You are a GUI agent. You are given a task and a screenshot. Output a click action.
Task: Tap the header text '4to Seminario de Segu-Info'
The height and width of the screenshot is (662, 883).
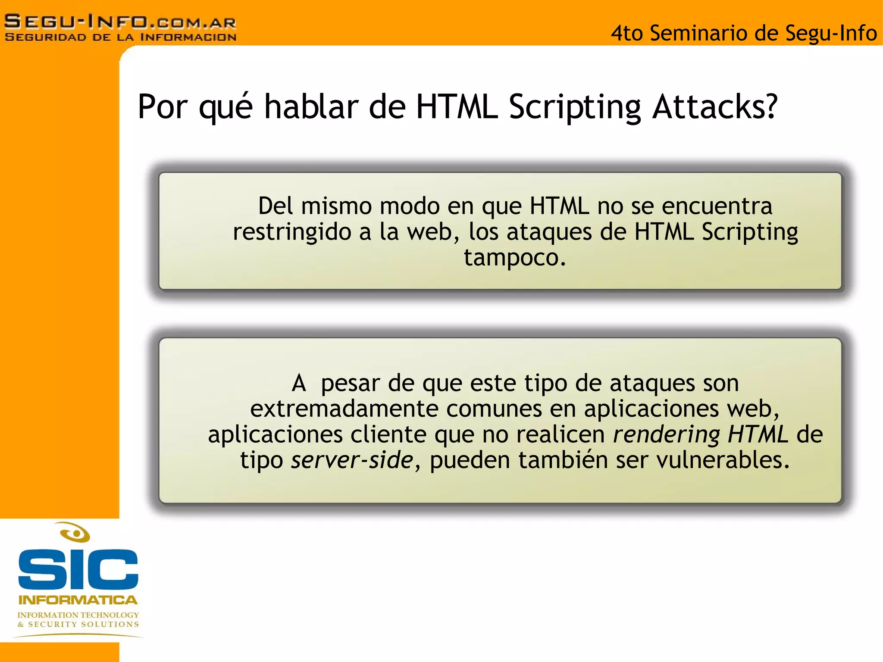(743, 33)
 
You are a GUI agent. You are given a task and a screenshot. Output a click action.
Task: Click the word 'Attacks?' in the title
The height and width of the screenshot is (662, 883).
(715, 106)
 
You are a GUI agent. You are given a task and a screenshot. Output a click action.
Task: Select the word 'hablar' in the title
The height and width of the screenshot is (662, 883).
(311, 106)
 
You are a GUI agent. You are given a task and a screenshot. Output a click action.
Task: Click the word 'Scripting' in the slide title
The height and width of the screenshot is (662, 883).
(575, 107)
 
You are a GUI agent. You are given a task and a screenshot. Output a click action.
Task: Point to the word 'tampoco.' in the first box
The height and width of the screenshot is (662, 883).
(515, 258)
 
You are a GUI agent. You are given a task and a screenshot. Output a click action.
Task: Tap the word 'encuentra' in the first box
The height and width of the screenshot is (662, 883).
(717, 206)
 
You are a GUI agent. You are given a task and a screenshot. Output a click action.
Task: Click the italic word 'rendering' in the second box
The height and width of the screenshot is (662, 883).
(666, 434)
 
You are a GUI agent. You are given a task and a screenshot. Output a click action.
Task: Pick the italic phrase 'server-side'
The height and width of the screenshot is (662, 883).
(352, 460)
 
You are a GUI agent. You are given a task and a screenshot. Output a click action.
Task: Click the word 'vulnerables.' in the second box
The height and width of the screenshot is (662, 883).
(723, 460)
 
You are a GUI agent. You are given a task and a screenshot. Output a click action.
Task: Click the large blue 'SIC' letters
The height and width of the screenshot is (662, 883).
(78, 569)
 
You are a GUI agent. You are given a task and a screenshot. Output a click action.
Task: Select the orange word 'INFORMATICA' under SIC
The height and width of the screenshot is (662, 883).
(78, 600)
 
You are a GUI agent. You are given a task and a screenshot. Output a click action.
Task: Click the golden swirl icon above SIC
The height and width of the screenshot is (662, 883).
(75, 533)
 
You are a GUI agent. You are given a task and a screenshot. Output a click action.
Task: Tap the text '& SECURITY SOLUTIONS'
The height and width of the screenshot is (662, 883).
(78, 624)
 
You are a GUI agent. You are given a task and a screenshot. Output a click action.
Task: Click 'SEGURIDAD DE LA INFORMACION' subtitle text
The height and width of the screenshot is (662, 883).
(120, 37)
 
